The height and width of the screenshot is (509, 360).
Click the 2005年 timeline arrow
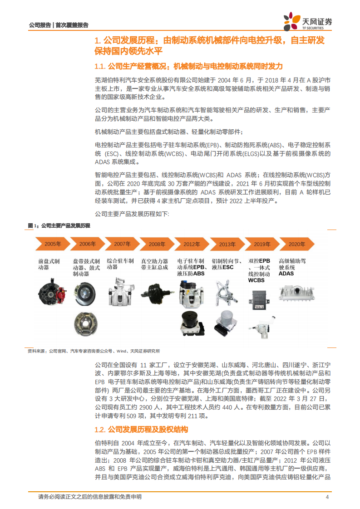[x=52, y=244]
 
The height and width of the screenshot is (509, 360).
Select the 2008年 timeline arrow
[x=157, y=244]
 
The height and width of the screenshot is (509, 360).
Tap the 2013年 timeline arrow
[x=227, y=244]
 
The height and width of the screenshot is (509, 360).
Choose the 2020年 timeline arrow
[x=297, y=244]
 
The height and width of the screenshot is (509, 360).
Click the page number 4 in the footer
[x=327, y=497]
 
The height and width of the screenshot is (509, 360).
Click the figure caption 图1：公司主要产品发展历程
[x=59, y=225]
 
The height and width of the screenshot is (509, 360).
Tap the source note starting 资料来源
[x=93, y=351]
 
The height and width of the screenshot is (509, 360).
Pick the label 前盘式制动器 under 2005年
[x=49, y=264]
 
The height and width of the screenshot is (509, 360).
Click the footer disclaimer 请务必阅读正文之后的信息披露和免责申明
[x=90, y=497]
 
